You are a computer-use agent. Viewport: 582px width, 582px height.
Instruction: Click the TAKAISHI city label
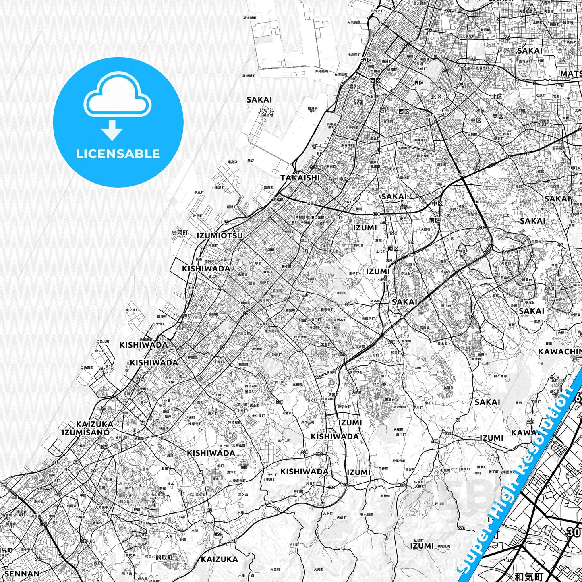click(x=300, y=178)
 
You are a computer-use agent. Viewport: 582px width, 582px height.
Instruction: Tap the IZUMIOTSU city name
click(x=220, y=236)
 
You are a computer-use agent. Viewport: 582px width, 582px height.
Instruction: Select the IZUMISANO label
click(x=86, y=433)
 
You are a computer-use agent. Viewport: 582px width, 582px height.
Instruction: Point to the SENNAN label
click(x=22, y=574)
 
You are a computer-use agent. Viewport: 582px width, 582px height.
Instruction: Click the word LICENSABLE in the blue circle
click(x=118, y=153)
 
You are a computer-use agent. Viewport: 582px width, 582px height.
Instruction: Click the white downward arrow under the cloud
click(x=112, y=130)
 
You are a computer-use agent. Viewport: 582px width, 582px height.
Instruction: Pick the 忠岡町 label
click(x=180, y=233)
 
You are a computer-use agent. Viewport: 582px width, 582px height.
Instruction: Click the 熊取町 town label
click(x=164, y=558)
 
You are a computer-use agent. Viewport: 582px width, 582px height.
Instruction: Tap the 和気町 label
click(x=529, y=576)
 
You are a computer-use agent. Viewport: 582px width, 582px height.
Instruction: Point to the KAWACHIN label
click(x=560, y=352)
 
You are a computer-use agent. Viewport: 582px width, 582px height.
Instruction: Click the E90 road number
click(x=377, y=214)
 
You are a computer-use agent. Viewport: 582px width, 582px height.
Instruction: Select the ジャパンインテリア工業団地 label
click(x=266, y=112)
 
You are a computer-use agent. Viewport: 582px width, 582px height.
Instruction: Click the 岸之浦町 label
click(x=132, y=310)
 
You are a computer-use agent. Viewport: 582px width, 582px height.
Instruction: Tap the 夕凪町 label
click(x=199, y=193)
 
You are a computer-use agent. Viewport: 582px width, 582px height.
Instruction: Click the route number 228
click(x=461, y=528)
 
